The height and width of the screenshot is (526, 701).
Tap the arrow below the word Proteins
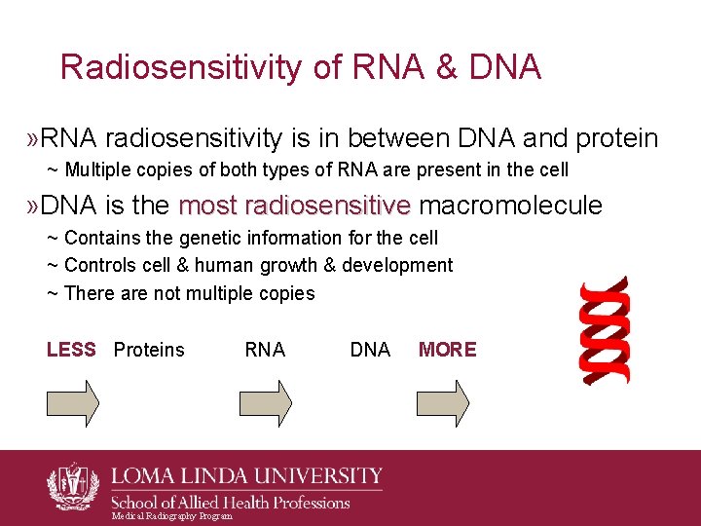tap(73, 402)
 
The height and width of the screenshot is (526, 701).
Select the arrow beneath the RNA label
tap(266, 402)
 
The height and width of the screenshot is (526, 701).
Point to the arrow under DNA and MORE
tap(443, 402)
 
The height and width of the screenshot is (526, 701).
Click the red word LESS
tap(71, 350)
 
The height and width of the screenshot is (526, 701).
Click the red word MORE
tap(447, 350)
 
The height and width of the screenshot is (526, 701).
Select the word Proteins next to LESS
tap(149, 350)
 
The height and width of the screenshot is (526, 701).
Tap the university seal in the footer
tap(73, 484)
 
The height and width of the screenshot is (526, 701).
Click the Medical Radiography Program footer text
tap(172, 516)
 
